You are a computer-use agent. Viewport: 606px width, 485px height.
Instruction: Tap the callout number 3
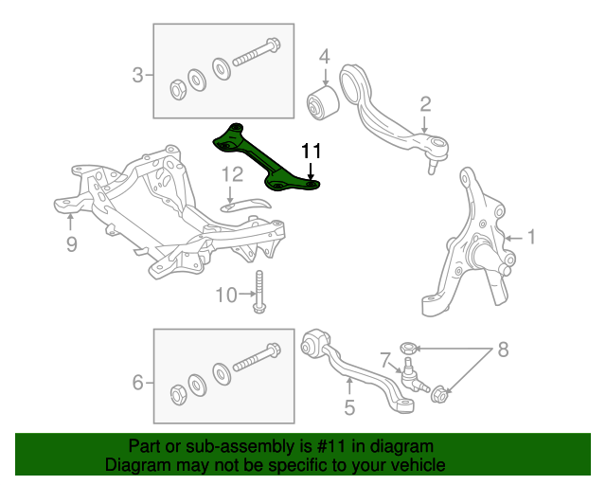tap(138, 75)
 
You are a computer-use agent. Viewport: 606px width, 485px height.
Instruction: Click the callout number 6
tap(138, 383)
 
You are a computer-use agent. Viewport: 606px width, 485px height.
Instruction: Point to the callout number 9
tap(71, 246)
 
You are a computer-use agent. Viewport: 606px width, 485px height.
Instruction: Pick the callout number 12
tap(232, 174)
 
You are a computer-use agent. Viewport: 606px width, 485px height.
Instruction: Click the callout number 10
tap(224, 296)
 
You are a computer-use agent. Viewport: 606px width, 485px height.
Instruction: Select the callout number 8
tap(503, 350)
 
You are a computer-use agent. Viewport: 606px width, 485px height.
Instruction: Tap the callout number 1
tap(531, 237)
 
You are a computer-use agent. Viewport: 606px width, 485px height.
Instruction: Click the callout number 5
tap(349, 408)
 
